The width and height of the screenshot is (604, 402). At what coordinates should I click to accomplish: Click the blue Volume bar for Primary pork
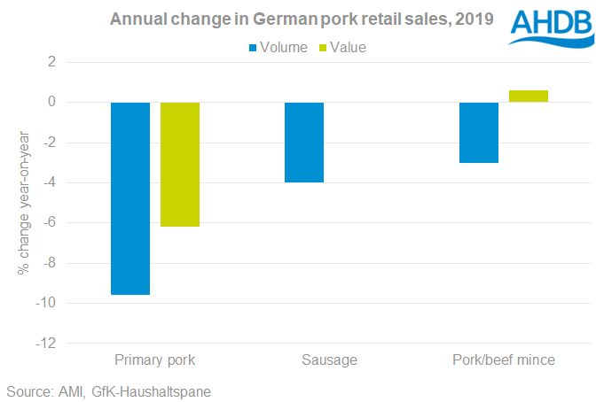[130, 198]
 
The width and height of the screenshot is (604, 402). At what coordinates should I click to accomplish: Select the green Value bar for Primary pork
[180, 165]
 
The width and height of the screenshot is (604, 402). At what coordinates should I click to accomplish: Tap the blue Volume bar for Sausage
[304, 143]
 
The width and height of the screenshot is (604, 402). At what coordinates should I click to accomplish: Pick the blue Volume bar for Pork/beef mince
[479, 133]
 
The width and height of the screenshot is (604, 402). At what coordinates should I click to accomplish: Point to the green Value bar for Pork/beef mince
[529, 97]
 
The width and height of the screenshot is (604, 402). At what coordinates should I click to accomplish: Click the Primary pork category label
[155, 360]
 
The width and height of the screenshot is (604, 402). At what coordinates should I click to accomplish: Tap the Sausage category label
[329, 360]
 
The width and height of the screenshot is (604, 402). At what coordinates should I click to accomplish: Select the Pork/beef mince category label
[504, 360]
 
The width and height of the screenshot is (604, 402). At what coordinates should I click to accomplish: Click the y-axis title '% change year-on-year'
[24, 203]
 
